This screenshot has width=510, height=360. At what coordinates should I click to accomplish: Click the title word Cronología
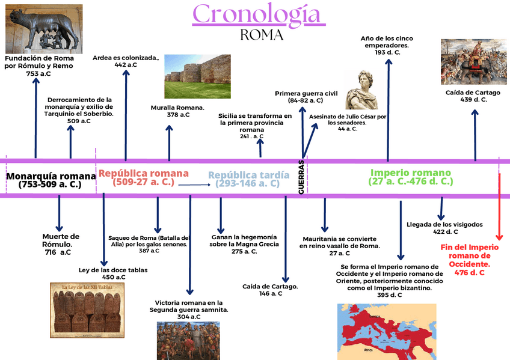(x=259, y=14)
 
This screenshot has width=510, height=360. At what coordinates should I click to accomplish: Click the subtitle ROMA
(x=262, y=35)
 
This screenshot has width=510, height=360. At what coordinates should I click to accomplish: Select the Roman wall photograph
(x=197, y=76)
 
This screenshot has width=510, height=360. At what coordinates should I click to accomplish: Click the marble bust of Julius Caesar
(x=362, y=90)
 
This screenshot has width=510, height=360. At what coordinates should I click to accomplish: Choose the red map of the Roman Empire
(x=387, y=331)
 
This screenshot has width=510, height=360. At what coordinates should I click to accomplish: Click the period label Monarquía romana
(x=51, y=176)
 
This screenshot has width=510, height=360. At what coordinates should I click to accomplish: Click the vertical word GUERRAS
(x=301, y=177)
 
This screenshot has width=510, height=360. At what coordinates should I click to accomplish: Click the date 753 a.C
(x=38, y=73)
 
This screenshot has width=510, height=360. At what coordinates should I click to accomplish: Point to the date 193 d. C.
(x=387, y=53)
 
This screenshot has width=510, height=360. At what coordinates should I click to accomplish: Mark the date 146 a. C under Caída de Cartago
(x=271, y=294)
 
